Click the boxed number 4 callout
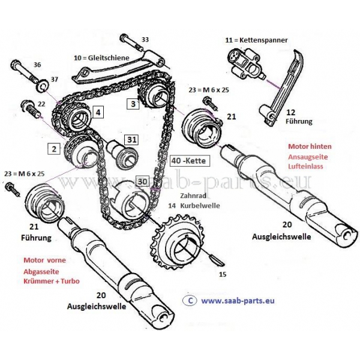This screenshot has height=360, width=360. click(98, 112)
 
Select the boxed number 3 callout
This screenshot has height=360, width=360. click(133, 103)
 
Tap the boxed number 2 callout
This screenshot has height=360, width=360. click(54, 148)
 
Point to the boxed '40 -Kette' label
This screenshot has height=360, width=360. click(189, 161)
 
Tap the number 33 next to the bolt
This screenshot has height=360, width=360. click(145, 40)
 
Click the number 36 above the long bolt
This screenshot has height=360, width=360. click(38, 65)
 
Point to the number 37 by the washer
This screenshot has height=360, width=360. click(55, 79)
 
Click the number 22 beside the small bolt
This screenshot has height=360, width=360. click(41, 104)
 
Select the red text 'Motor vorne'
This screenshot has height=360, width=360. click(45, 261)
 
